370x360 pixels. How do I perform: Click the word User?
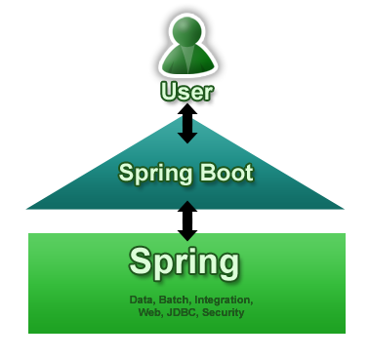[x=185, y=94]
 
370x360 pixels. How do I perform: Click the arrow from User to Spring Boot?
[x=186, y=129]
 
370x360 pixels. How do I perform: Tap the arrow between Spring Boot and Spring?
[x=186, y=220]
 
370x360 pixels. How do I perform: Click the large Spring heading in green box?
[x=185, y=261]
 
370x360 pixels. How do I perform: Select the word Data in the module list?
[x=143, y=300]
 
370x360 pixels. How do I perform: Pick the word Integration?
[x=224, y=300]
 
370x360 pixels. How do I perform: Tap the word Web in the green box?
[x=150, y=313]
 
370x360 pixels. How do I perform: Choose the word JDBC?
[x=182, y=313]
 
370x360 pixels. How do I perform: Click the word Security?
[x=223, y=313]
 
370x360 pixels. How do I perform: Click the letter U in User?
[x=168, y=94]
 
